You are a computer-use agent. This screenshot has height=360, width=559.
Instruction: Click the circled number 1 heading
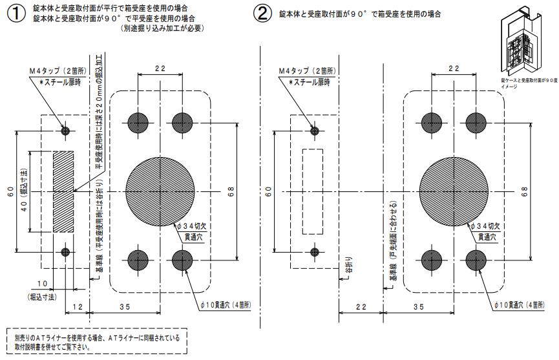coord(16,14)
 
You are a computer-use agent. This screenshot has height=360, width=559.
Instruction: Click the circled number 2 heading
coord(263,14)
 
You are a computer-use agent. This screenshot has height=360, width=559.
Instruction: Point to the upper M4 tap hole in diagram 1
coord(65,131)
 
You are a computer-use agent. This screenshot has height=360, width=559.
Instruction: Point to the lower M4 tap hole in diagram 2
coord(314,251)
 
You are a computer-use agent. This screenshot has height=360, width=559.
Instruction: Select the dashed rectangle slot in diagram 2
coord(313,191)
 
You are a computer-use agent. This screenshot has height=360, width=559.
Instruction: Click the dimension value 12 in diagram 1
coord(76,306)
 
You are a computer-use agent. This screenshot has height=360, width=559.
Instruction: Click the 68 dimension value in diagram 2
coord(525,191)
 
